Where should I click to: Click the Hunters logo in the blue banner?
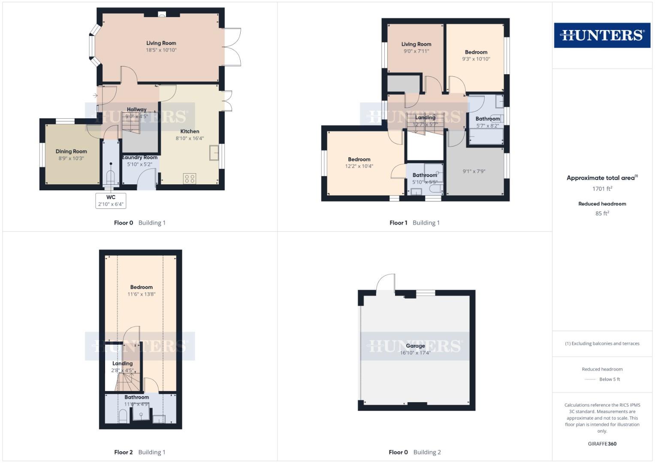602,35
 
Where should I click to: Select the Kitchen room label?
190,131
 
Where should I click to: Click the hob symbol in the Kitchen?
190,178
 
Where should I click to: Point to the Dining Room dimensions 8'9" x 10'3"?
71,158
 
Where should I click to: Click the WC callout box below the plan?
111,200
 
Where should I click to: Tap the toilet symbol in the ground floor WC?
111,177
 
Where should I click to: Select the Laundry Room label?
140,157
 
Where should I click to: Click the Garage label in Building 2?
415,346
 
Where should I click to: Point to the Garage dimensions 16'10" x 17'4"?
415,353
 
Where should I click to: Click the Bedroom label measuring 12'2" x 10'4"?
359,159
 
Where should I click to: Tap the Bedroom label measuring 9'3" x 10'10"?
476,52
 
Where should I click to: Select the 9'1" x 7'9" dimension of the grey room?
474,171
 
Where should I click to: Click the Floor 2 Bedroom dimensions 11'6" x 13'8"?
141,294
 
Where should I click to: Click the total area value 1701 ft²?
602,189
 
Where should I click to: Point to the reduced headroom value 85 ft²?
602,213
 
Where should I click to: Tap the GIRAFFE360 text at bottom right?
602,444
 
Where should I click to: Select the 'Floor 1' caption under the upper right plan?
398,222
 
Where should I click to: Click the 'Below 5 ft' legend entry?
609,379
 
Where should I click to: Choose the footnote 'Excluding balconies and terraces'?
602,343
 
